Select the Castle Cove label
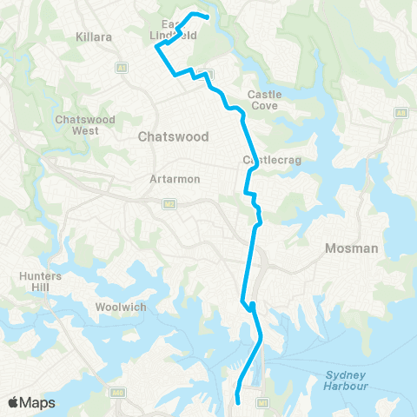(263, 99)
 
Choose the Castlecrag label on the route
(264, 161)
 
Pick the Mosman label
(351, 248)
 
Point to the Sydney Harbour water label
(347, 381)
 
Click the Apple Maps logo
(31, 402)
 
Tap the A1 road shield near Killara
(121, 67)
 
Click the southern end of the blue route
(237, 402)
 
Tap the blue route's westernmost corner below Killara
(156, 48)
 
